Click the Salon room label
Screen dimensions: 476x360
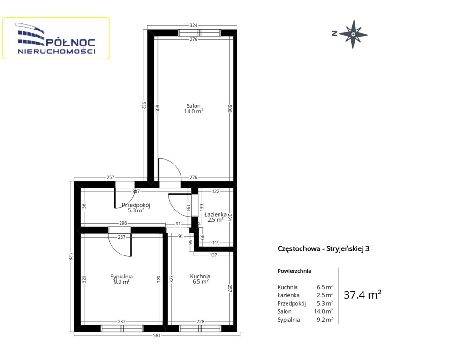[193, 106]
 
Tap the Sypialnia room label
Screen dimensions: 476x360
[121, 277]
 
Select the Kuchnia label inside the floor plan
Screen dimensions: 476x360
[200, 276]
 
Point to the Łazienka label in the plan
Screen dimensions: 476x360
[216, 214]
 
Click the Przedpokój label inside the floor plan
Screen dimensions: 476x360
[136, 205]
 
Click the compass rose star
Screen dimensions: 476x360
[353, 34]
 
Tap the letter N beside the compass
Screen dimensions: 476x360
[334, 34]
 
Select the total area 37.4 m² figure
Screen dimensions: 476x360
[363, 294]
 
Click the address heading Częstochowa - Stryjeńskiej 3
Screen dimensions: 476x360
[323, 249]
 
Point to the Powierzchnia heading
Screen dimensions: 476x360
[294, 271]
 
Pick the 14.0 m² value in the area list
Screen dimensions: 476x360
[323, 311]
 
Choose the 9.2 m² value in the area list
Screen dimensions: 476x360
[325, 320]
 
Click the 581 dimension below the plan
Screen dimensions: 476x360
[157, 336]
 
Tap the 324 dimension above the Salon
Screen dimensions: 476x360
[193, 25]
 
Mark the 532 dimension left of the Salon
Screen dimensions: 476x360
[144, 105]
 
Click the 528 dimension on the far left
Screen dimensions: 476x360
[70, 256]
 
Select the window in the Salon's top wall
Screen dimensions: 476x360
[199, 33]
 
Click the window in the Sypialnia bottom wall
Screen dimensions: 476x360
[122, 329]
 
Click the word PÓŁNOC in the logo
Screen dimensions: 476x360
[70, 43]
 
